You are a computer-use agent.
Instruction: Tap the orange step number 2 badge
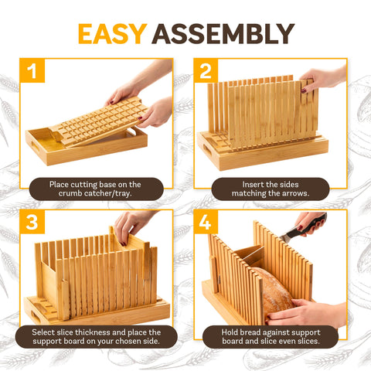click(x=206, y=72)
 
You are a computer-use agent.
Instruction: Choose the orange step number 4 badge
click(x=206, y=223)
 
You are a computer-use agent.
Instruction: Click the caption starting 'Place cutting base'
click(x=95, y=189)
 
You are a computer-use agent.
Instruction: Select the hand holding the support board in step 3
click(x=131, y=224)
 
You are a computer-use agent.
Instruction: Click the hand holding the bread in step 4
click(x=301, y=313)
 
